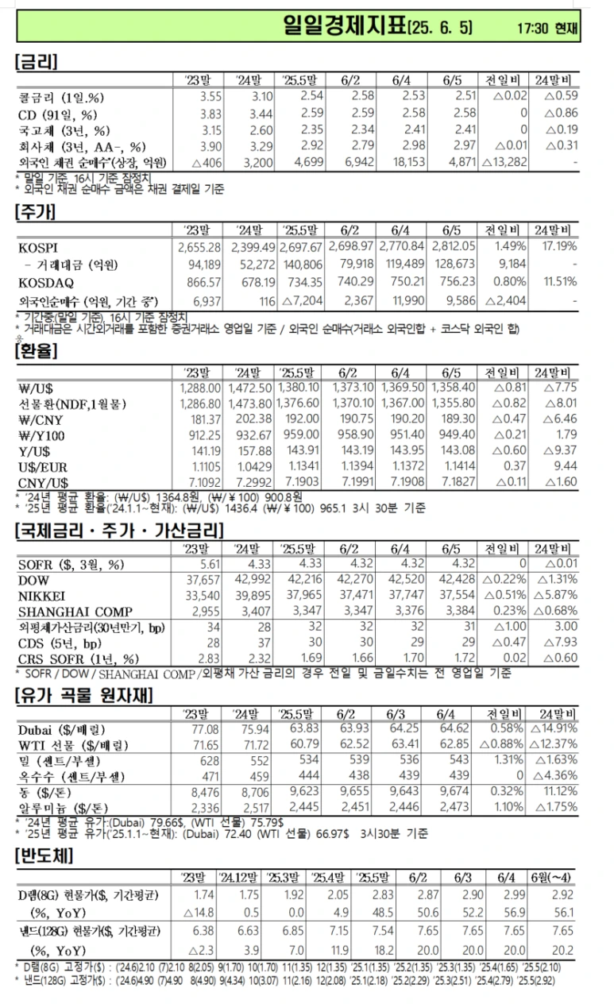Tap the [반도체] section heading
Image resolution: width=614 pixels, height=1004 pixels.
coord(44,856)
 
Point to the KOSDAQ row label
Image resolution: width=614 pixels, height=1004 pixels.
coord(43,282)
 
